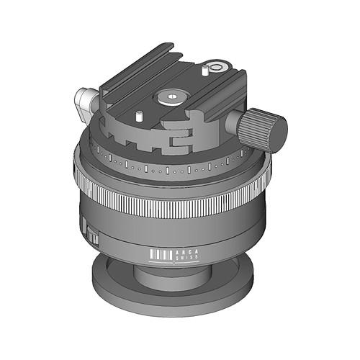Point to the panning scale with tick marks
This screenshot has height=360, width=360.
pos(173,170)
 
